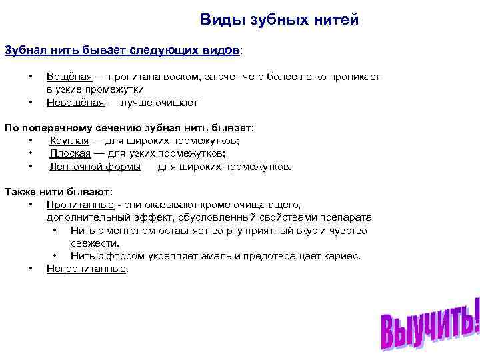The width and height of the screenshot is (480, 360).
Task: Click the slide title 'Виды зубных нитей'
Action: (x=279, y=20)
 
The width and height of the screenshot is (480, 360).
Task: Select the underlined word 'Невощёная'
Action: (x=75, y=103)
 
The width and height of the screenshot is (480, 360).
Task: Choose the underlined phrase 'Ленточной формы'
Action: (x=95, y=167)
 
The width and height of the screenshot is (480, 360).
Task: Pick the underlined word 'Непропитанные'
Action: (x=86, y=269)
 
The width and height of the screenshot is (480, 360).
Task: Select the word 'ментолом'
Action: (x=135, y=231)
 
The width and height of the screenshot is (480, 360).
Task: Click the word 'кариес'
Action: (x=343, y=256)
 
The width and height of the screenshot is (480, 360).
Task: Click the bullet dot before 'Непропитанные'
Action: (x=31, y=269)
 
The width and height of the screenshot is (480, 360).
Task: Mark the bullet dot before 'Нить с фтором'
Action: (x=54, y=256)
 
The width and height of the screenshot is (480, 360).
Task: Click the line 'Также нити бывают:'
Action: (x=59, y=192)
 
